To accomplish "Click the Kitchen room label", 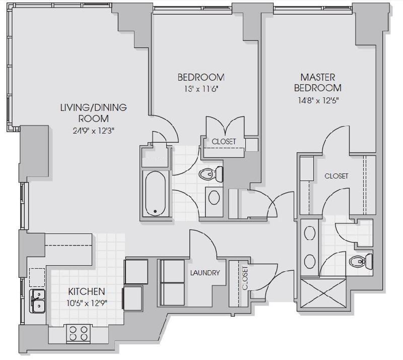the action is tap(87, 291).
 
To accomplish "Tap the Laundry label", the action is tap(205, 273).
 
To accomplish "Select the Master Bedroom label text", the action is tap(318, 82).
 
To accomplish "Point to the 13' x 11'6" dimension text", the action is tap(201, 89).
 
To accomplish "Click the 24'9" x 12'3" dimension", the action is tap(94, 131).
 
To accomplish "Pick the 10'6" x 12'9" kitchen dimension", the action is tap(87, 303).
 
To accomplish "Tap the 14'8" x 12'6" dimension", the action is tap(318, 100).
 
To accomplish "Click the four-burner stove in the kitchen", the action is tap(79, 334).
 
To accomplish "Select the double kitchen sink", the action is tap(38, 301).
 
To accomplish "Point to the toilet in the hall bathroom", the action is tap(211, 174).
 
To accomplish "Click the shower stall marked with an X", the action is tap(324, 293).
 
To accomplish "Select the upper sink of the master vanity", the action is tap(310, 233).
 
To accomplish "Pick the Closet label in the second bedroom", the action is tap(224, 141).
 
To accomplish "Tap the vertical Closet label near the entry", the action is tap(245, 278).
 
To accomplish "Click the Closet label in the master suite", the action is tap(337, 176).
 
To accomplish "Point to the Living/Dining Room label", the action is tap(94, 113).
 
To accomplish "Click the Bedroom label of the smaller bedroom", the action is tap(201, 77).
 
